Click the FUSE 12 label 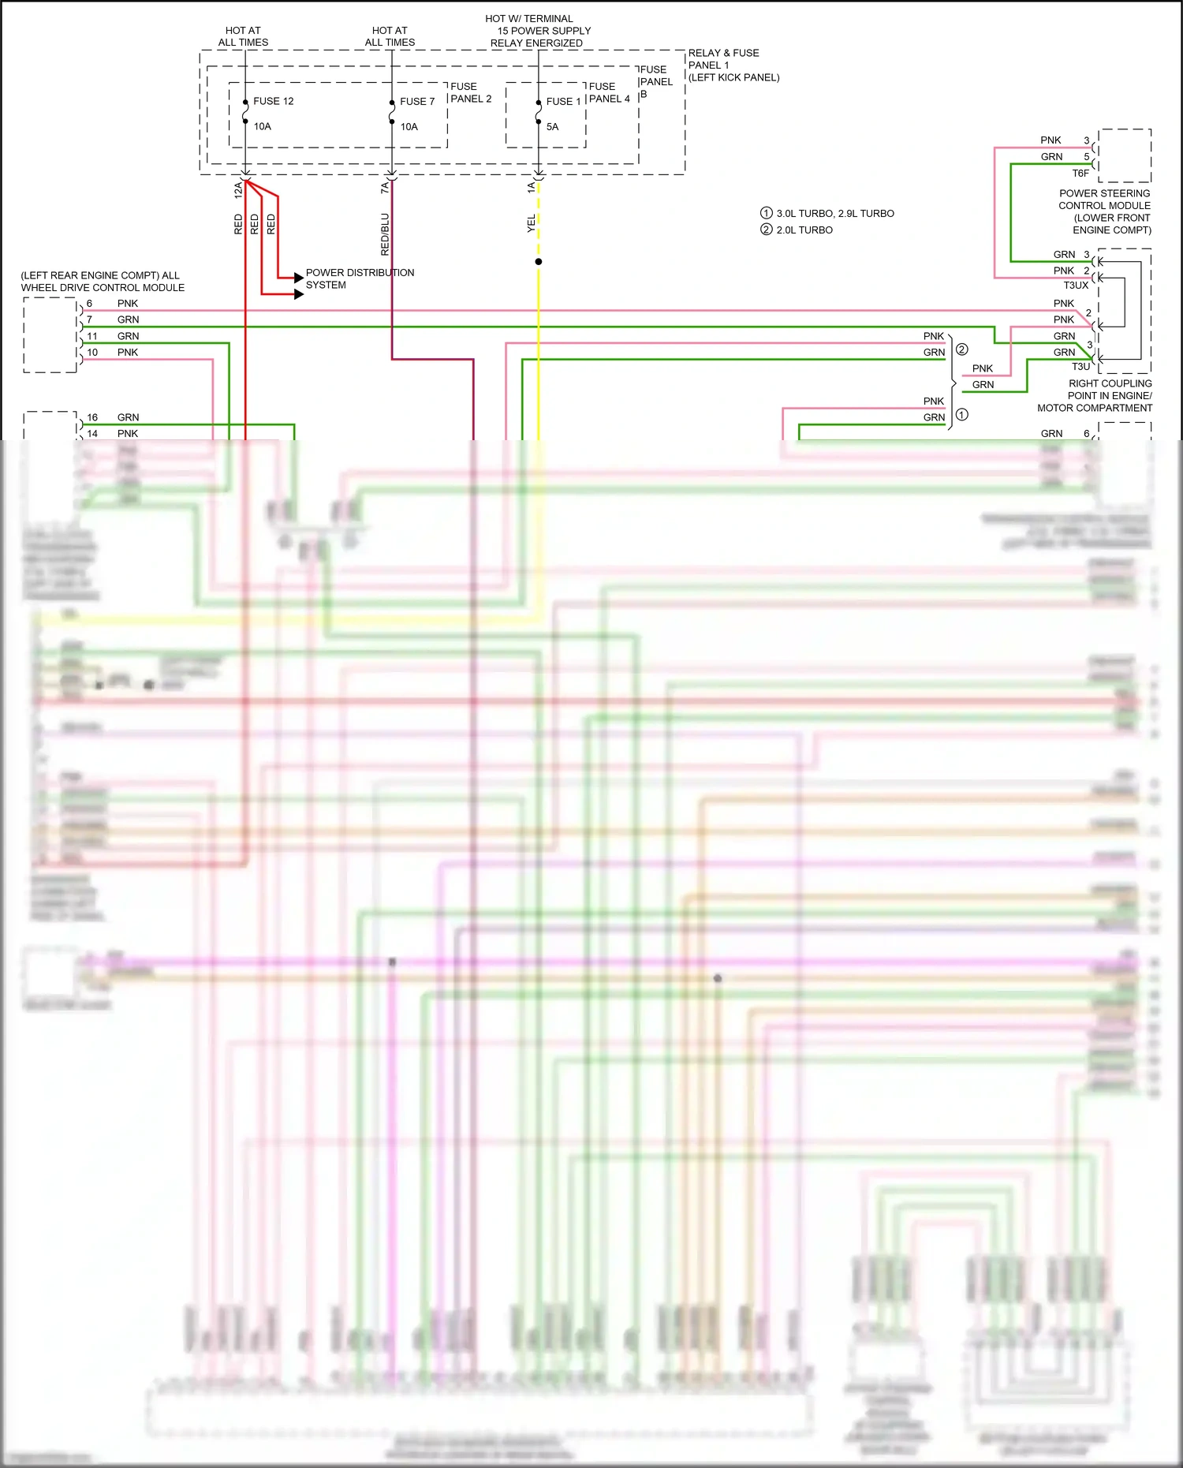273,101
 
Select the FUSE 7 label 417,101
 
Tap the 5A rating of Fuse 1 552,126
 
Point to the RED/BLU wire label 385,233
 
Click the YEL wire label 531,223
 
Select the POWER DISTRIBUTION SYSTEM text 359,278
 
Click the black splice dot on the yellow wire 539,261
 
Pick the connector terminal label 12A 237,189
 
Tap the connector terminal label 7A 384,188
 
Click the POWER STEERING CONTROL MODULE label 1104,211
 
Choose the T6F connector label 1080,173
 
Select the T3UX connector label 1075,285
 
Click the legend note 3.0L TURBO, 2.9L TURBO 834,213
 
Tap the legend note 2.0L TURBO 804,230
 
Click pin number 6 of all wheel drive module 89,303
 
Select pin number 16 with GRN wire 92,417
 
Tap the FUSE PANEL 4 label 609,92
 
